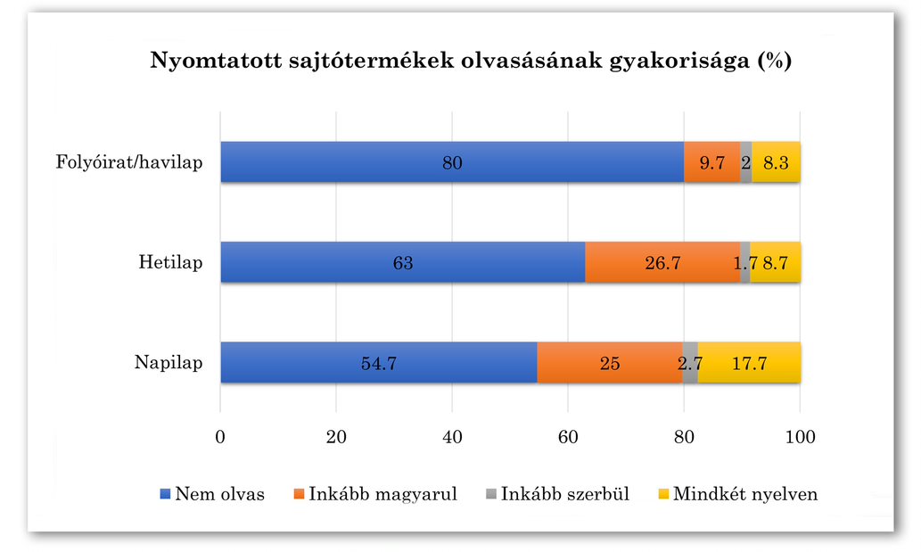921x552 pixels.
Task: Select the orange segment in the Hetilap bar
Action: click(x=662, y=262)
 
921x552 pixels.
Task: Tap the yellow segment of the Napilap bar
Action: click(x=749, y=363)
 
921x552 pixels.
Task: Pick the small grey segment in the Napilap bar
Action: click(x=690, y=363)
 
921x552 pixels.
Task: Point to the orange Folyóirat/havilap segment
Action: click(x=711, y=162)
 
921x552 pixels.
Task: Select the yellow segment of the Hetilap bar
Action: click(x=775, y=262)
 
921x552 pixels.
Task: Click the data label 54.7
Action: click(x=378, y=364)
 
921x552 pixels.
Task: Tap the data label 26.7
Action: click(x=662, y=263)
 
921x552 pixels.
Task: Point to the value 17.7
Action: click(x=749, y=364)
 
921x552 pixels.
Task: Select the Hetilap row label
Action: click(x=170, y=262)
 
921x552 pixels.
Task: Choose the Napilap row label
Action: click(x=169, y=363)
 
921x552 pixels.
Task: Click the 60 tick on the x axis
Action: click(x=568, y=438)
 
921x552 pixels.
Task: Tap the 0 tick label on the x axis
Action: click(x=220, y=438)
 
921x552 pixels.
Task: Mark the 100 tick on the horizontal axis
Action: click(x=800, y=438)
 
